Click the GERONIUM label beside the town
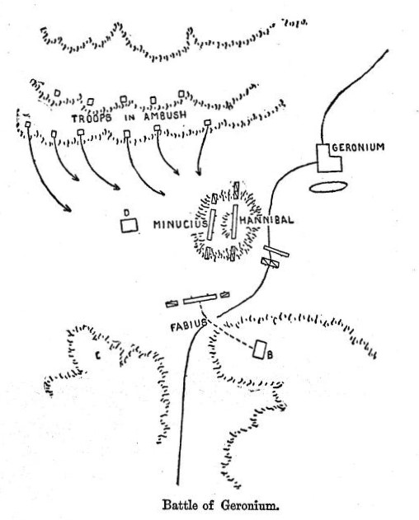click(x=358, y=147)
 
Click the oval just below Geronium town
click(x=328, y=187)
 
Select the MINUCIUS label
click(x=181, y=224)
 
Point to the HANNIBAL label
click(x=266, y=220)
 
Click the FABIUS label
click(x=189, y=326)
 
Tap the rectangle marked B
click(x=259, y=349)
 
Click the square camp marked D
click(x=129, y=226)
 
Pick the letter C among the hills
click(x=97, y=356)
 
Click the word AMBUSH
click(x=165, y=116)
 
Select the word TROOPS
click(x=92, y=118)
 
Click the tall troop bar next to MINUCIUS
click(x=211, y=224)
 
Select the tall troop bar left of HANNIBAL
click(x=235, y=221)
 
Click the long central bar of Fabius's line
click(x=200, y=298)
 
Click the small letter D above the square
click(x=126, y=213)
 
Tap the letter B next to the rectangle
click(x=270, y=355)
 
